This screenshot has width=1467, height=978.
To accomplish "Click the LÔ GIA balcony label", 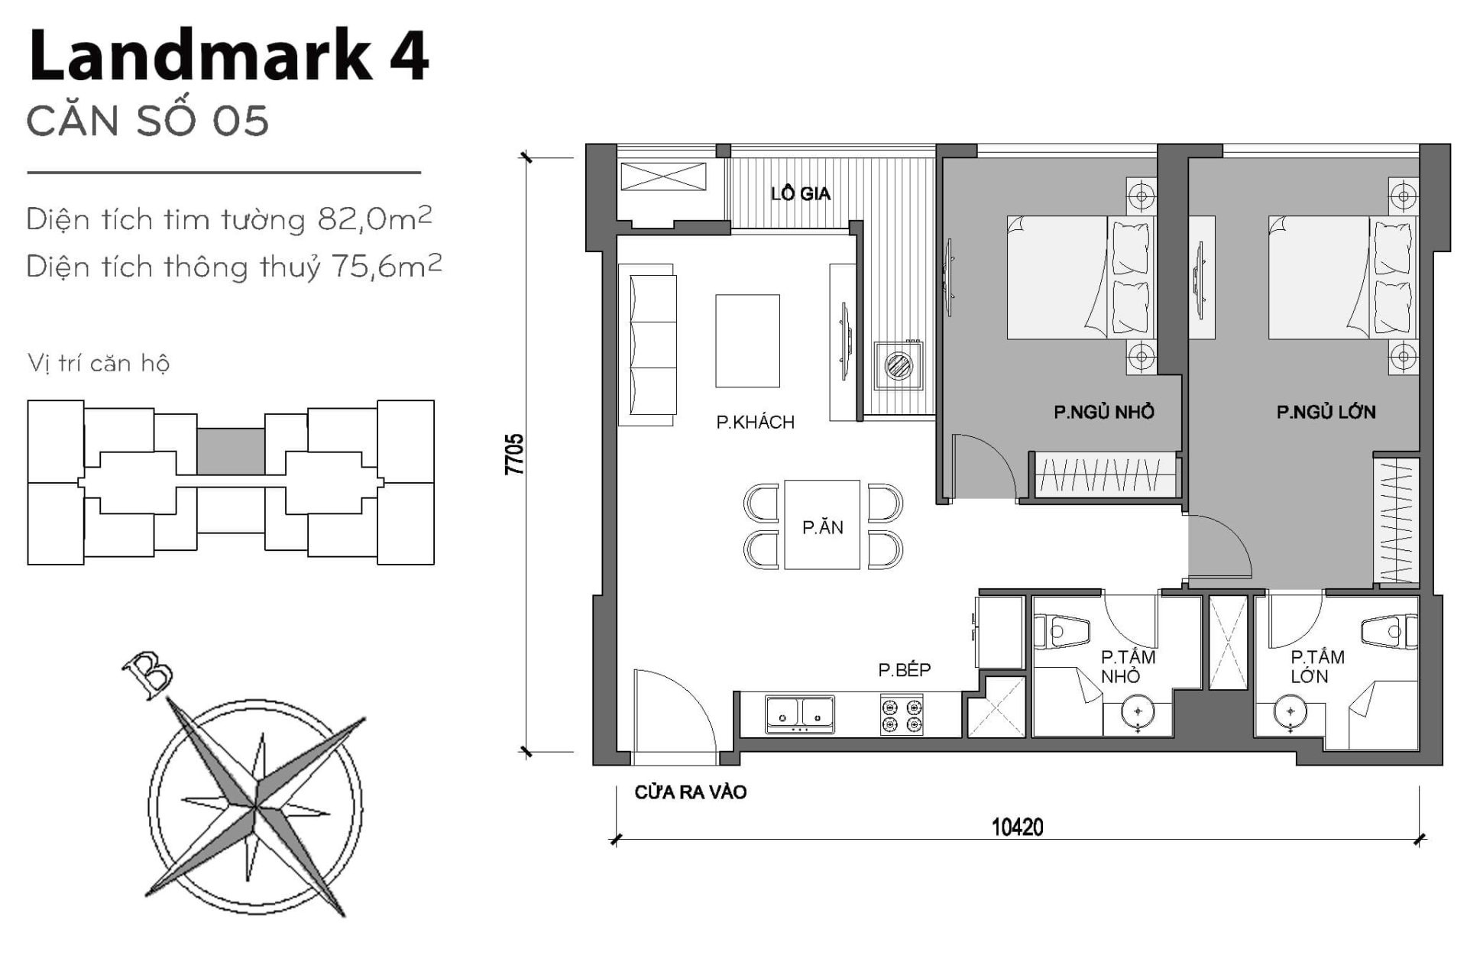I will click(x=800, y=194).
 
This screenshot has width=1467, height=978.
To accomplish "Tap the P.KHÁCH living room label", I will click(x=755, y=423).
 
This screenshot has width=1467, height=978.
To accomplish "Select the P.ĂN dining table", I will click(x=822, y=526).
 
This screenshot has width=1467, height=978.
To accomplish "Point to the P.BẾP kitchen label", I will click(x=904, y=670).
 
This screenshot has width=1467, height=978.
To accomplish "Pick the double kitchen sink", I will click(x=799, y=714).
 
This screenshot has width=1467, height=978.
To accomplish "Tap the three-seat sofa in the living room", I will click(x=648, y=345).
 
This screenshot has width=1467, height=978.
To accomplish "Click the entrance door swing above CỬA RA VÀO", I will click(x=672, y=714).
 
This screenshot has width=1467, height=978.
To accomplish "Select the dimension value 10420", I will click(x=1017, y=827).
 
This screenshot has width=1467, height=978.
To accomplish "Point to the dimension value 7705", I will click(x=515, y=454).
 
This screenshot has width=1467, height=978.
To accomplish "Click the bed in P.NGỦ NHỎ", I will click(x=1079, y=277).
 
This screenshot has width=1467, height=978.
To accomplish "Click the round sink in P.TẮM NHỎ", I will click(x=1138, y=712).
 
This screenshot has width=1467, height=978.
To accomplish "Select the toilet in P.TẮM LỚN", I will click(x=1388, y=632).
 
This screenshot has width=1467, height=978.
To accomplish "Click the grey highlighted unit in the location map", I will click(x=231, y=451).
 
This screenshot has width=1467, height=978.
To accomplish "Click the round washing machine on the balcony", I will click(x=899, y=364).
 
